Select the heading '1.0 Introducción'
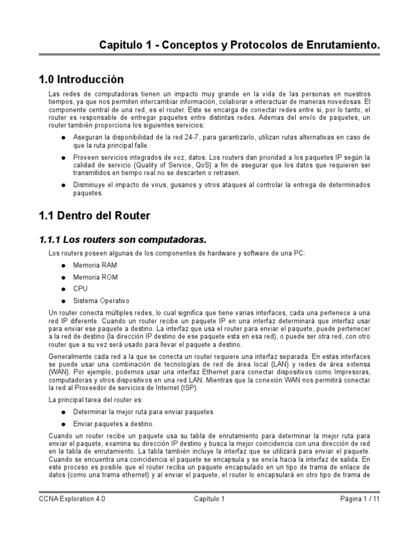point(81,80)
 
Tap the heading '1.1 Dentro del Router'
point(94,216)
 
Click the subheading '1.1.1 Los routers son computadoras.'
point(123,239)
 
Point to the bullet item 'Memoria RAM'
point(95,265)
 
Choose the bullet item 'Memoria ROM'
point(95,277)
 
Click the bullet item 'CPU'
point(80,289)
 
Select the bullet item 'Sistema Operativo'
point(101,300)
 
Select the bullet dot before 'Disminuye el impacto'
point(64,185)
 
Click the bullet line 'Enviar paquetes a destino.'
point(113,423)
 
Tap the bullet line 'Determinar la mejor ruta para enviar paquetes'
point(143,412)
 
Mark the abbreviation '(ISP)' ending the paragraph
point(189,388)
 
